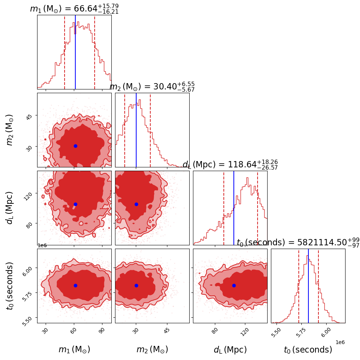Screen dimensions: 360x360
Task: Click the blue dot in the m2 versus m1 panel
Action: [75, 146]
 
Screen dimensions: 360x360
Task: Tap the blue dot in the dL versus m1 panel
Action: [75, 204]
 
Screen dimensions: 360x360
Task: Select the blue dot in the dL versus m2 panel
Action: [136, 204]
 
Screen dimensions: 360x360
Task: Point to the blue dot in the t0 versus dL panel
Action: [234, 285]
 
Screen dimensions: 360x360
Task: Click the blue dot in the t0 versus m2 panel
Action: [136, 285]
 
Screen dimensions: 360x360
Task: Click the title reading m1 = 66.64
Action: [74, 9]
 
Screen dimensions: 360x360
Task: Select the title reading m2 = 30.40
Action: [152, 87]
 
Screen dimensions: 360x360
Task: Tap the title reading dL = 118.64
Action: [230, 165]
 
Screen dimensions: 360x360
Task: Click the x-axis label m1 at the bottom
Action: [74, 350]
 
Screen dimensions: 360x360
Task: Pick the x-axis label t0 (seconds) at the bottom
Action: [308, 350]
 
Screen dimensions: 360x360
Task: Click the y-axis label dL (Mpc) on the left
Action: [10, 208]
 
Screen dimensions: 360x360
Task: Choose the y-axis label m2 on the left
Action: [10, 130]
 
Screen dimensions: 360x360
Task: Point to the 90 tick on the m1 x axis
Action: [102, 330]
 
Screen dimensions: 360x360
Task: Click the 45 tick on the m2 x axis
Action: [167, 330]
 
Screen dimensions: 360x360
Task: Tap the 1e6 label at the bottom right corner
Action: [340, 342]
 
